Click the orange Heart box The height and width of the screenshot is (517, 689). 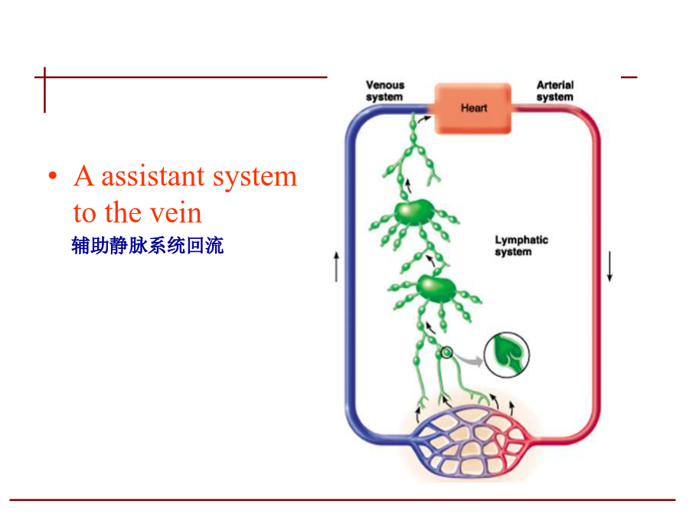pos(473,108)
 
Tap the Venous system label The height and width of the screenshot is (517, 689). pos(385,91)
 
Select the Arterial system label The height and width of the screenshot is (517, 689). pos(555,91)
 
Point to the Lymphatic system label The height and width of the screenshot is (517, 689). pos(521,246)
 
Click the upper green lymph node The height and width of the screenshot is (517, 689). pos(414,212)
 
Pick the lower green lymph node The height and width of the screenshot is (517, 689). pos(436,290)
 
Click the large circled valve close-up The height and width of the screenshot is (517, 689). pos(507,355)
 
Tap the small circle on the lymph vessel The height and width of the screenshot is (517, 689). pos(446,352)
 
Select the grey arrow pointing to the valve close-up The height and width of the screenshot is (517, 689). pos(469,359)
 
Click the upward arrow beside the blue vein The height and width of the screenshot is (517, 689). pos(337,267)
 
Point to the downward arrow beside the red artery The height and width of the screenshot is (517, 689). pos(609,267)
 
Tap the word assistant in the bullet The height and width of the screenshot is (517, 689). pos(153,177)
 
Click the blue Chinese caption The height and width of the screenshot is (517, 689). pos(148,245)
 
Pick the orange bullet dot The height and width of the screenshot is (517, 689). pos(53,176)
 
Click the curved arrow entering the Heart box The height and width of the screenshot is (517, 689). pos(423,119)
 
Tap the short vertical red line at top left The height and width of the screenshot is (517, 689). pos(44,90)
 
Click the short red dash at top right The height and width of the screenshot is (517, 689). pos(629,77)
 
